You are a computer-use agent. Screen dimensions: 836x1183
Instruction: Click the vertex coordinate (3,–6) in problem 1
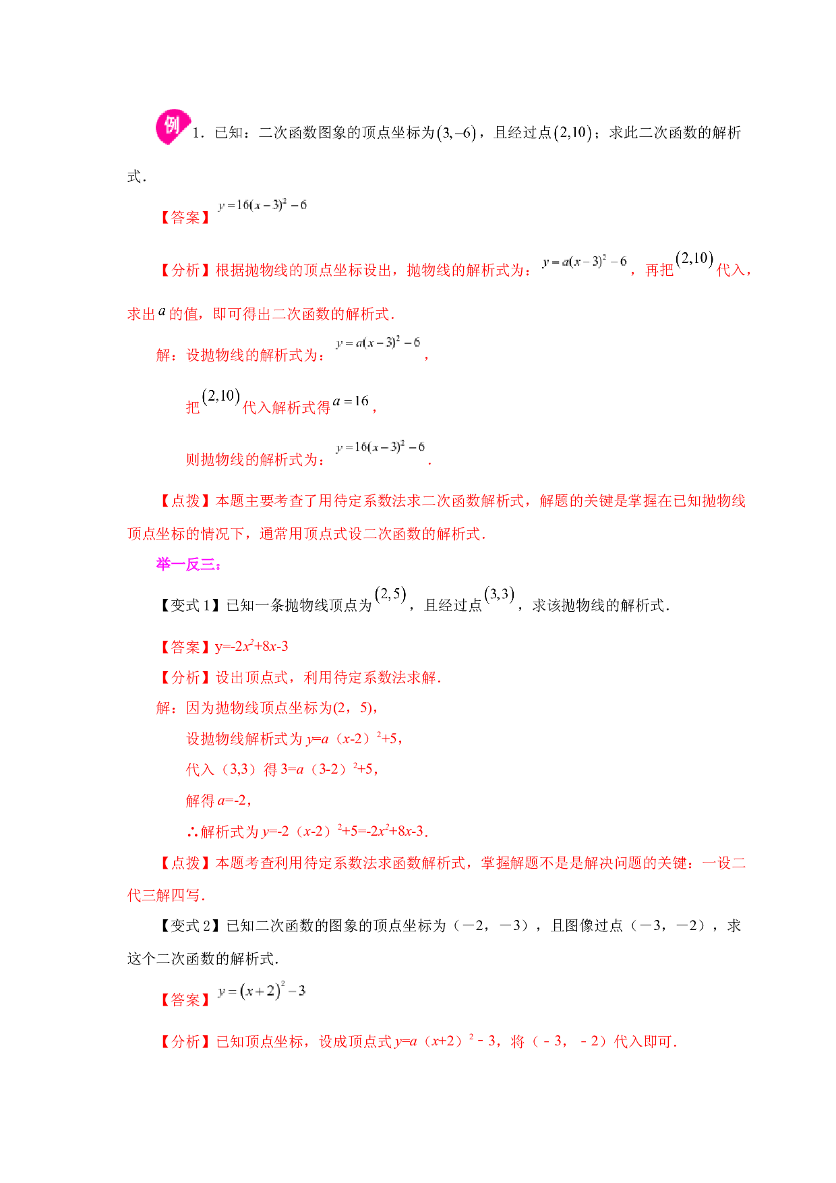pos(456,133)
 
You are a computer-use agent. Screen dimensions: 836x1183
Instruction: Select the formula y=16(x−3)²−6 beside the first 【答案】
pos(262,205)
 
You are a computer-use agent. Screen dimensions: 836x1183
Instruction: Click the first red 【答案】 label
pos(185,218)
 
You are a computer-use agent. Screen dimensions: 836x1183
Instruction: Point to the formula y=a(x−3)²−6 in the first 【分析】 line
pos(584,262)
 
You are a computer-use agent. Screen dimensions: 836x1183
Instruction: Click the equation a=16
pos(351,401)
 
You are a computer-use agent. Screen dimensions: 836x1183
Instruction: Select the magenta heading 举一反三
pos(189,565)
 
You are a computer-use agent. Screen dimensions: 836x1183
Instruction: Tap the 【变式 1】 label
pos(190,606)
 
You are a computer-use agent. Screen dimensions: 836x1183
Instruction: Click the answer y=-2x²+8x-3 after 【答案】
pos(251,646)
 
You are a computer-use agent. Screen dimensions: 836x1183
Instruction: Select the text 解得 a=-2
pos(218,801)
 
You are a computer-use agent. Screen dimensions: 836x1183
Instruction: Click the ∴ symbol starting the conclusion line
pos(193,832)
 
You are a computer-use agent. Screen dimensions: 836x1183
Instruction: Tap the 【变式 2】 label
pos(190,926)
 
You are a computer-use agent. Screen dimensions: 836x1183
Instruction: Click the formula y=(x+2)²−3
pos(262,991)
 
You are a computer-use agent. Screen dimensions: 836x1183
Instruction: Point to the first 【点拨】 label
pos(185,501)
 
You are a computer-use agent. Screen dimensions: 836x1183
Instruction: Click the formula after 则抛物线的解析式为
pos(380,447)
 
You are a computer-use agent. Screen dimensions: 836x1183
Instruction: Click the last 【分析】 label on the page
pos(185,1042)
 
